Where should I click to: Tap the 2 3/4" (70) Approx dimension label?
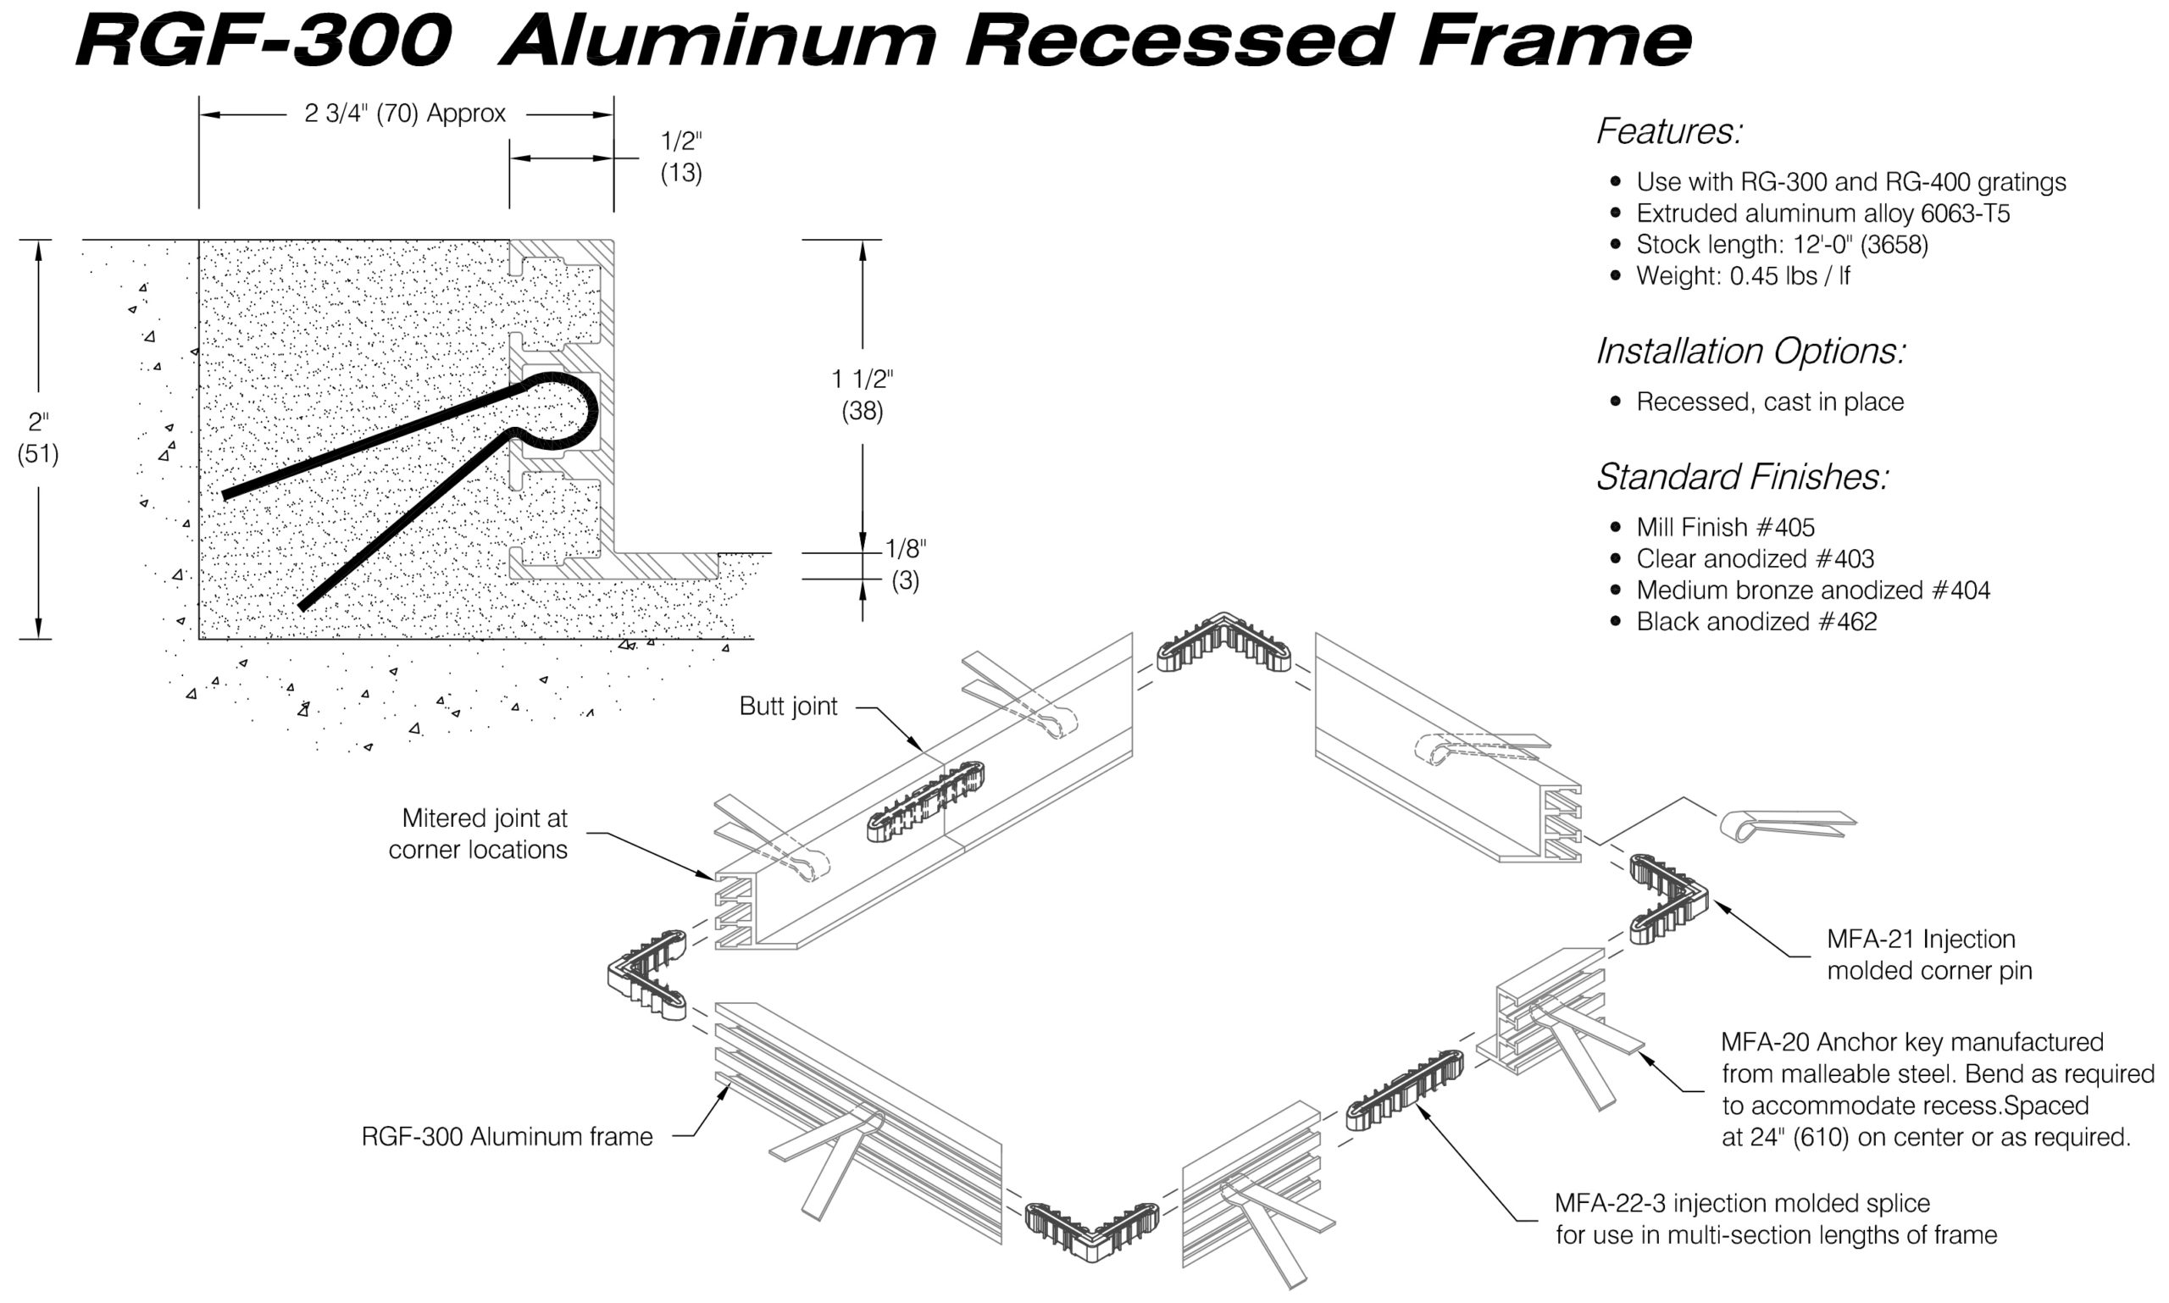pyautogui.click(x=405, y=114)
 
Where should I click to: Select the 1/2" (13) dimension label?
pyautogui.click(x=680, y=156)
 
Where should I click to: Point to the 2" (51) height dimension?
pyautogui.click(x=38, y=438)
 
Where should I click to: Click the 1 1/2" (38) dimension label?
pyautogui.click(x=862, y=395)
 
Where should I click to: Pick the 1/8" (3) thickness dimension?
pyautogui.click(x=905, y=564)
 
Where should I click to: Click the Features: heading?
pyautogui.click(x=1668, y=131)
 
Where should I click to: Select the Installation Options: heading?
pyautogui.click(x=1750, y=352)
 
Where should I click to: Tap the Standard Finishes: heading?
pyautogui.click(x=1741, y=477)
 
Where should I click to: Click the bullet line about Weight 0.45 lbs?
pyautogui.click(x=1742, y=275)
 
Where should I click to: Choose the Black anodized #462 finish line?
pyautogui.click(x=1756, y=622)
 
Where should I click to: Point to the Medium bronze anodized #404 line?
pyautogui.click(x=1812, y=590)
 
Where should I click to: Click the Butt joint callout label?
pyautogui.click(x=788, y=706)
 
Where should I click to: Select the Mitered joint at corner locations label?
pyautogui.click(x=479, y=834)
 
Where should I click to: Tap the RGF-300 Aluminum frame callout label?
pyautogui.click(x=507, y=1137)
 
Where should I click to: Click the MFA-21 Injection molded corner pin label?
pyautogui.click(x=1928, y=956)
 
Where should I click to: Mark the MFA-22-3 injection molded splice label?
pyautogui.click(x=1775, y=1219)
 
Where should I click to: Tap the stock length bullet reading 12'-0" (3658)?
pyautogui.click(x=1782, y=244)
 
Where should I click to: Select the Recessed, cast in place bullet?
pyautogui.click(x=1769, y=402)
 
